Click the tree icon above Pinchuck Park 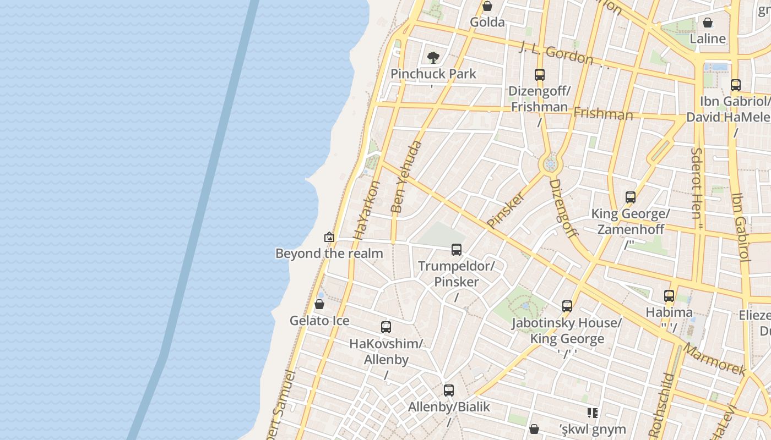tap(433, 57)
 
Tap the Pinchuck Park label tap(433, 74)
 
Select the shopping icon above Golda tap(487, 7)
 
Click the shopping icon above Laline tap(708, 23)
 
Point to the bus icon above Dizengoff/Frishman tap(540, 75)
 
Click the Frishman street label tap(603, 113)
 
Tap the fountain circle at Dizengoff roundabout tap(550, 164)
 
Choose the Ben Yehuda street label tap(406, 177)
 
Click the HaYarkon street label tap(367, 210)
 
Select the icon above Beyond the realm tap(329, 237)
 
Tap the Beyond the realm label tap(329, 254)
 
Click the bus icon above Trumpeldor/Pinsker tap(457, 250)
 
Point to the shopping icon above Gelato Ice tap(319, 304)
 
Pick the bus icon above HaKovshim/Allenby tap(386, 327)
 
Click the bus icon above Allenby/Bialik tap(449, 391)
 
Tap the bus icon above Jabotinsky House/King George tap(567, 306)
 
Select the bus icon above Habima tap(669, 296)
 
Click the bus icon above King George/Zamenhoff tap(631, 197)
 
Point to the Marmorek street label tap(714, 359)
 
